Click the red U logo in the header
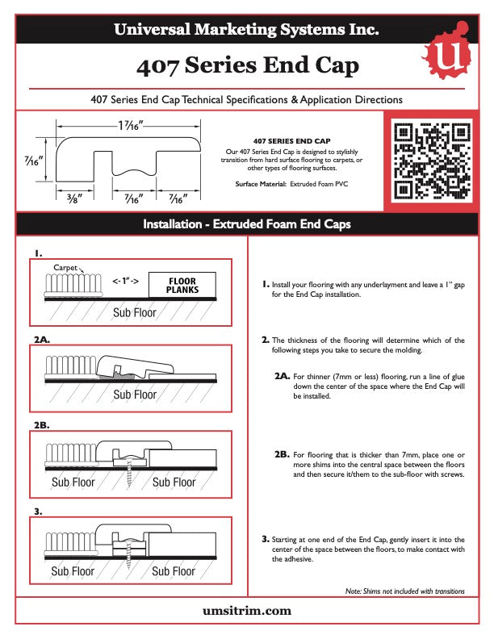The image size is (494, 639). pyautogui.click(x=446, y=54)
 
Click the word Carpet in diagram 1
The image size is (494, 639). pyautogui.click(x=65, y=266)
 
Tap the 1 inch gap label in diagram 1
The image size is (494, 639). pyautogui.click(x=125, y=282)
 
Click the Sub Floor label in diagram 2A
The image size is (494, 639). pyautogui.click(x=135, y=395)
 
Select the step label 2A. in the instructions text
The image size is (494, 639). pyautogui.click(x=282, y=376)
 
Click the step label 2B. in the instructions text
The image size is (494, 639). pyautogui.click(x=282, y=454)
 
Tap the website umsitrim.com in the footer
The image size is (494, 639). pyautogui.click(x=246, y=611)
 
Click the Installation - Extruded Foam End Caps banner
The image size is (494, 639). pyautogui.click(x=246, y=224)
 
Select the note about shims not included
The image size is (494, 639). pyautogui.click(x=404, y=591)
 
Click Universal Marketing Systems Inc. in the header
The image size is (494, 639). pyautogui.click(x=246, y=31)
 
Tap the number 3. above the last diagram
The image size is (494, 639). pyautogui.click(x=38, y=512)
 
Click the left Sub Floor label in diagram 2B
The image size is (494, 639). pyautogui.click(x=73, y=482)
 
